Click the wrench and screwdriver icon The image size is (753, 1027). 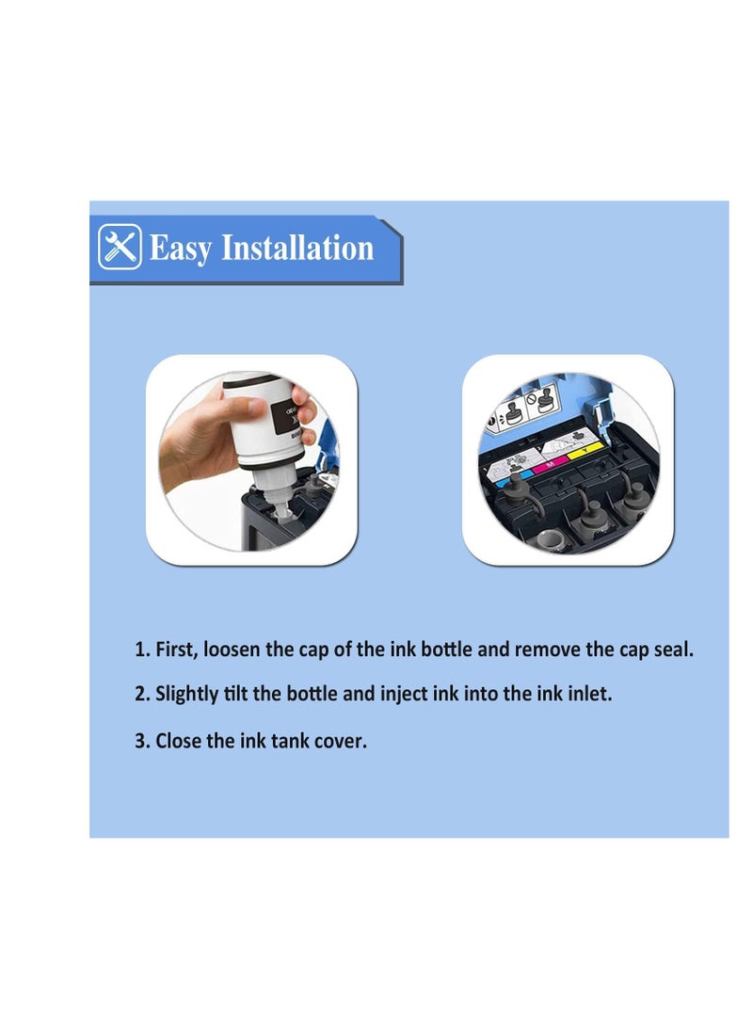pyautogui.click(x=120, y=247)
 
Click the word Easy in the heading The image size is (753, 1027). pyautogui.click(x=181, y=249)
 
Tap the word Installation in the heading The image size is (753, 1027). pyautogui.click(x=298, y=248)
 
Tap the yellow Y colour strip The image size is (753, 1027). pyautogui.click(x=585, y=450)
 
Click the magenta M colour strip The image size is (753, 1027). pyautogui.click(x=550, y=464)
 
